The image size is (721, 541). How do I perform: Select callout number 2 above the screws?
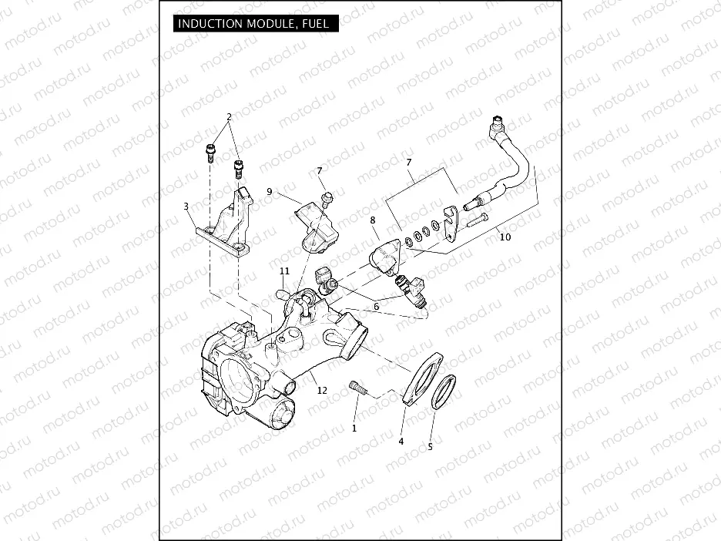(x=229, y=117)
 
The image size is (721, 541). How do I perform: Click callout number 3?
(x=186, y=207)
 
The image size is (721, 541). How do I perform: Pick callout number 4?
(x=401, y=442)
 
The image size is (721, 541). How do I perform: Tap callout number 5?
(x=430, y=446)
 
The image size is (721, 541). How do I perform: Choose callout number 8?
(x=373, y=220)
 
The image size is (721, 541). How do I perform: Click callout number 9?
(x=270, y=191)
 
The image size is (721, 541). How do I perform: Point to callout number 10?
(x=505, y=237)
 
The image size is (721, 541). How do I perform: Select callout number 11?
(x=284, y=271)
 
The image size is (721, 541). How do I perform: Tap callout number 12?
(x=322, y=391)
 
